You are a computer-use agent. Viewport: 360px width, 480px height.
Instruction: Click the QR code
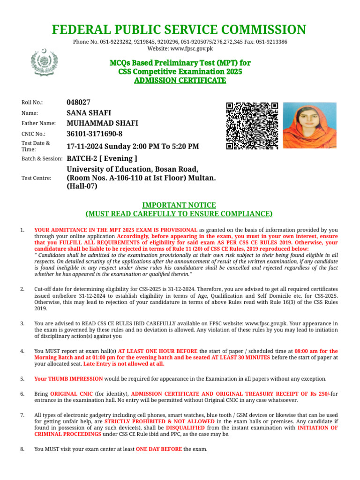pyautogui.click(x=252, y=126)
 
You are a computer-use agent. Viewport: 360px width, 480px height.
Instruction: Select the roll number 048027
pyautogui.click(x=79, y=102)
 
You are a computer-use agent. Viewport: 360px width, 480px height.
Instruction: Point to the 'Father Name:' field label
pyautogui.click(x=38, y=123)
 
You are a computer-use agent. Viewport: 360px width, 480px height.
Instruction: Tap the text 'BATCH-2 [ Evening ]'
pyautogui.click(x=102, y=158)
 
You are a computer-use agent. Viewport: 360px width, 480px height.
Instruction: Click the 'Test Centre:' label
pyautogui.click(x=37, y=178)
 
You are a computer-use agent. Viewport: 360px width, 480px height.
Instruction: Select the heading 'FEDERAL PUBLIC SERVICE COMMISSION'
pyautogui.click(x=180, y=30)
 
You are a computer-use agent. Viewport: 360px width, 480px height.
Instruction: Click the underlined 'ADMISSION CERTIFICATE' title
pyautogui.click(x=180, y=81)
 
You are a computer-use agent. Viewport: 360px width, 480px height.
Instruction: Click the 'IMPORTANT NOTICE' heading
pyautogui.click(x=179, y=205)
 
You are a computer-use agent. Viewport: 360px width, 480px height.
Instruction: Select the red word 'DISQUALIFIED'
pyautogui.click(x=186, y=428)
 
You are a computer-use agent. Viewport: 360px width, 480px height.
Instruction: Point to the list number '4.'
pyautogui.click(x=22, y=351)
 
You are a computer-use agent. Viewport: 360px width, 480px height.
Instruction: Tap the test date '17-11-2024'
pyautogui.click(x=85, y=146)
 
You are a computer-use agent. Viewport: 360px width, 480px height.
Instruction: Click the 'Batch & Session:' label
pyautogui.click(x=42, y=159)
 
